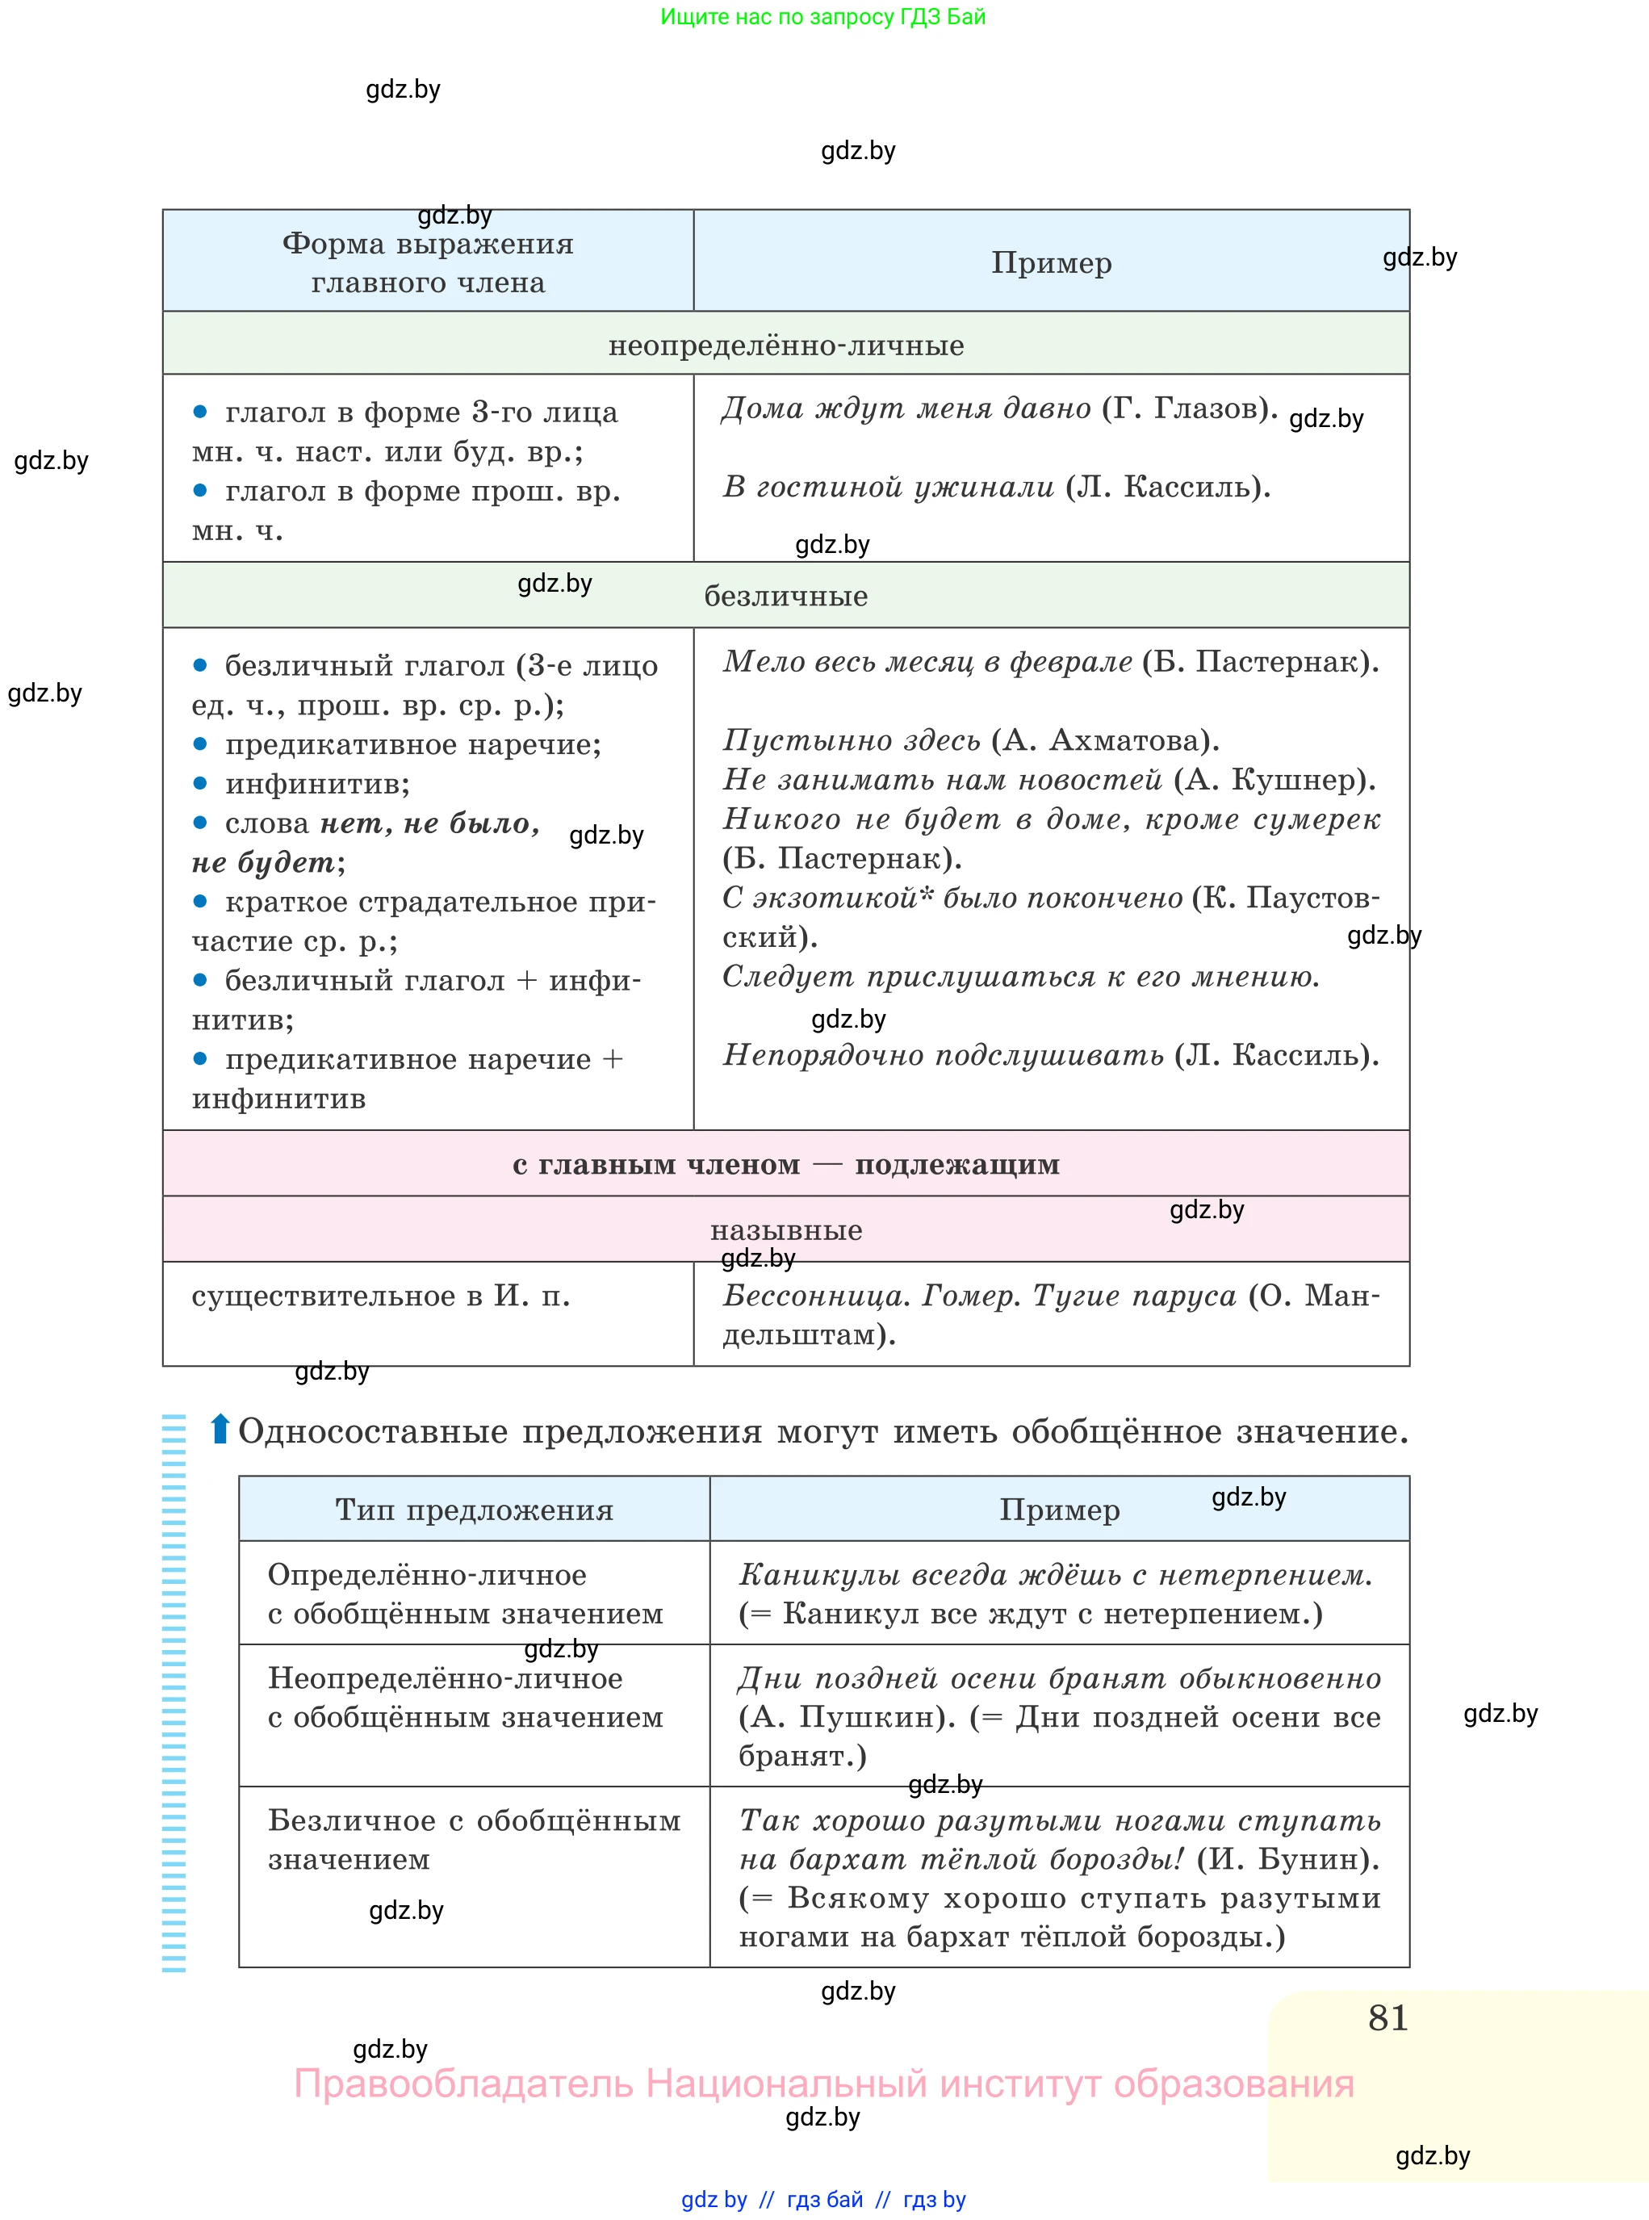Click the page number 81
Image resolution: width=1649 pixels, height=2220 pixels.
(1387, 2018)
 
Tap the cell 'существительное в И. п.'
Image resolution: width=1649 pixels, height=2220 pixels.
(380, 1296)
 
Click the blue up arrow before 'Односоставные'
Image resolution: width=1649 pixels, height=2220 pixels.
(220, 1430)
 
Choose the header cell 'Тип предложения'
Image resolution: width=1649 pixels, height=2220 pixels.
(474, 1510)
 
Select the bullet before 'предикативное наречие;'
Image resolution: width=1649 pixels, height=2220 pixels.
(199, 743)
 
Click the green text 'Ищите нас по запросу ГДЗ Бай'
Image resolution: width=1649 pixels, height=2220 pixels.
(822, 17)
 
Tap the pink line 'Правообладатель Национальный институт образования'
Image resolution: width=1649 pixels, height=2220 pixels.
(823, 2084)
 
